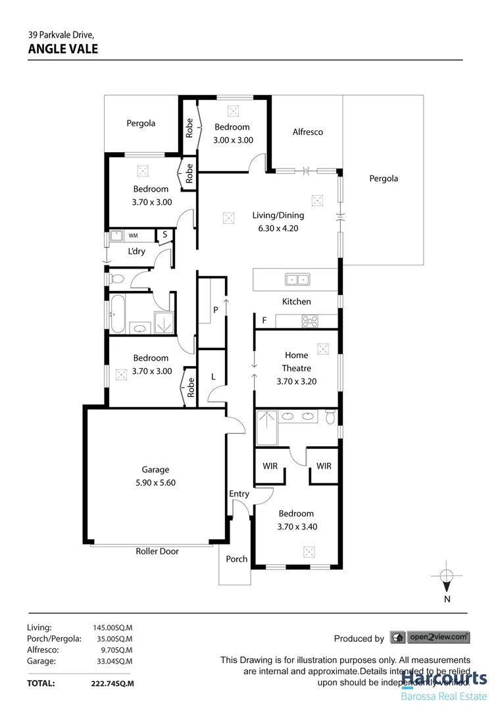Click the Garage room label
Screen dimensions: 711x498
point(155,469)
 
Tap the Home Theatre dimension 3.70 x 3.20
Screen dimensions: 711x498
point(296,381)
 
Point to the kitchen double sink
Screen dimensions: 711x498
point(297,279)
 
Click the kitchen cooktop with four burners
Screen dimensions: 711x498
point(309,321)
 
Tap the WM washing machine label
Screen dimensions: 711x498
point(133,235)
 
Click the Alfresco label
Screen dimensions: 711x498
point(307,132)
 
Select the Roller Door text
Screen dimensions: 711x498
point(157,551)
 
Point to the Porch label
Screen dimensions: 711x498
point(236,559)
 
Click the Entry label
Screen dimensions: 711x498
point(239,494)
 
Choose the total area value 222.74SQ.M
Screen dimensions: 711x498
point(112,684)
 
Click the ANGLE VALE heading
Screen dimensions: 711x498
point(63,48)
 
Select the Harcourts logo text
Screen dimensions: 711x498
point(444,678)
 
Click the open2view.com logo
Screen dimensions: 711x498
point(439,637)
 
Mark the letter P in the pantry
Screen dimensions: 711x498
point(214,309)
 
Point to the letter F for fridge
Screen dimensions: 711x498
point(264,321)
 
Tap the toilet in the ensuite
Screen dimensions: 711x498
point(330,417)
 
